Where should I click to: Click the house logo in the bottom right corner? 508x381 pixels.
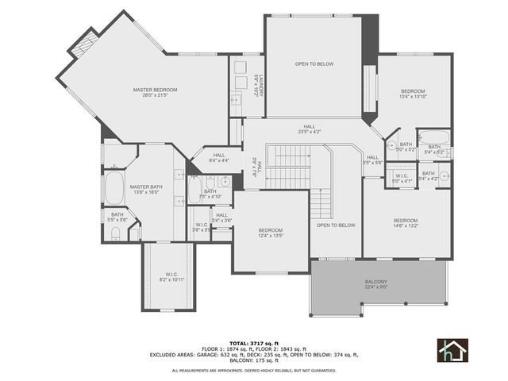point(452,349)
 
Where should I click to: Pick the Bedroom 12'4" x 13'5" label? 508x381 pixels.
point(271,233)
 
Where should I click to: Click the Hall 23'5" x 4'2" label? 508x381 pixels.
point(310,129)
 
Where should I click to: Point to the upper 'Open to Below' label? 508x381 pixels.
point(314,63)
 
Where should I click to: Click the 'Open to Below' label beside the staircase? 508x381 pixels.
point(336,225)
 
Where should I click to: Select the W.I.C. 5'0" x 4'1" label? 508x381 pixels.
point(402,178)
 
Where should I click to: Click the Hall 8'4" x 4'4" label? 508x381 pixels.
point(218,158)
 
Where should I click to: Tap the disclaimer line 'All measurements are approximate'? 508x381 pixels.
point(253,370)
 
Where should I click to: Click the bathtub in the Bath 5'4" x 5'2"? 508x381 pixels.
point(433,135)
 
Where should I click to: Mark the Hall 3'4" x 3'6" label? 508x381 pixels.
point(221,217)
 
